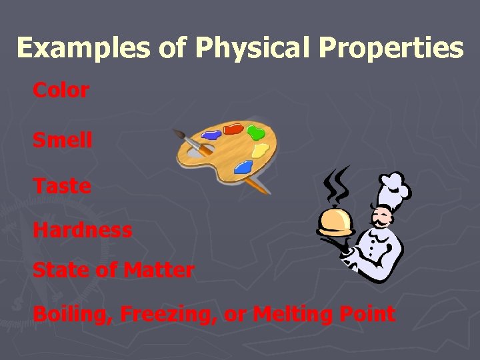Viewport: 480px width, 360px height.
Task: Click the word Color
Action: point(61,91)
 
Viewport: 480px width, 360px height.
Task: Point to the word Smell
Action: point(63,140)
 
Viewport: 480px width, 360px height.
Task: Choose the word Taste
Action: point(62,186)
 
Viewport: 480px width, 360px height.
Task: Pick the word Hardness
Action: point(83,230)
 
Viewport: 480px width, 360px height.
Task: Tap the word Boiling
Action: point(72,314)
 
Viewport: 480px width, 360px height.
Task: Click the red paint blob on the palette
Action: point(233,129)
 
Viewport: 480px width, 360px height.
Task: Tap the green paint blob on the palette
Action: point(253,131)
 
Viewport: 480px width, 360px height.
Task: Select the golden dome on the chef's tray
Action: point(335,219)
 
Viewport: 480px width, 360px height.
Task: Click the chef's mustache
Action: point(381,220)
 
